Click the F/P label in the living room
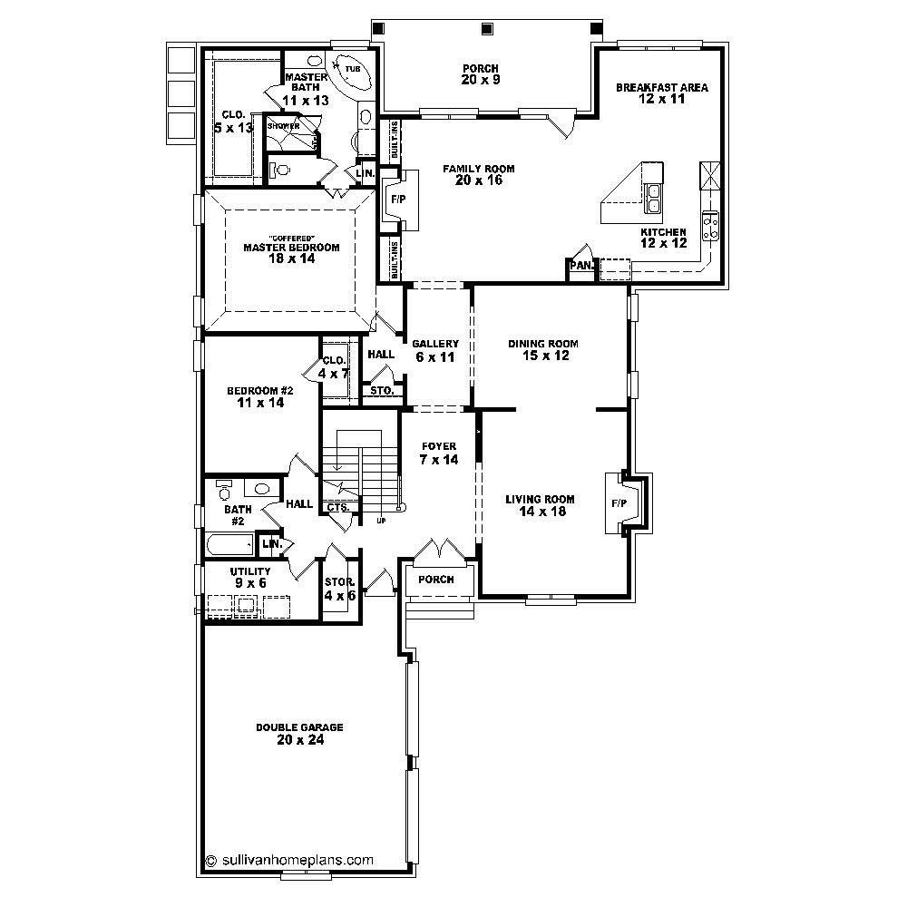click(619, 502)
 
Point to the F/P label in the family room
click(397, 198)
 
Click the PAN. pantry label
click(580, 266)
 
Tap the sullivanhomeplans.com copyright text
click(289, 859)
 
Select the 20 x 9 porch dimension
click(480, 80)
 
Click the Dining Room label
click(542, 344)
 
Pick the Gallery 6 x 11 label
click(435, 350)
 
